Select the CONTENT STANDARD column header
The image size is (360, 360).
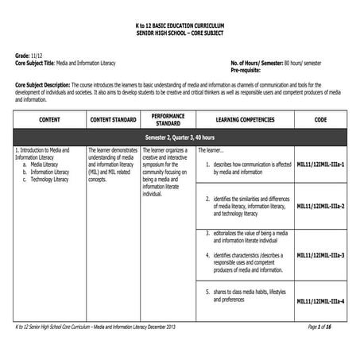(x=111, y=120)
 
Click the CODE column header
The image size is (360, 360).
(x=320, y=120)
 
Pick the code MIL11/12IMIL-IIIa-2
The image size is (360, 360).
(x=320, y=206)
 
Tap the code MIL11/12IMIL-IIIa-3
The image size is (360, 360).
(x=320, y=255)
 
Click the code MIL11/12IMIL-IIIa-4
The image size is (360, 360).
(x=320, y=301)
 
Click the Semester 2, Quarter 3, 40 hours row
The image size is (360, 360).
(x=180, y=137)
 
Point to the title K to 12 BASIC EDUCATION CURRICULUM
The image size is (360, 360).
(x=180, y=26)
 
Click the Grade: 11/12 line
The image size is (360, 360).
(x=29, y=55)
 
